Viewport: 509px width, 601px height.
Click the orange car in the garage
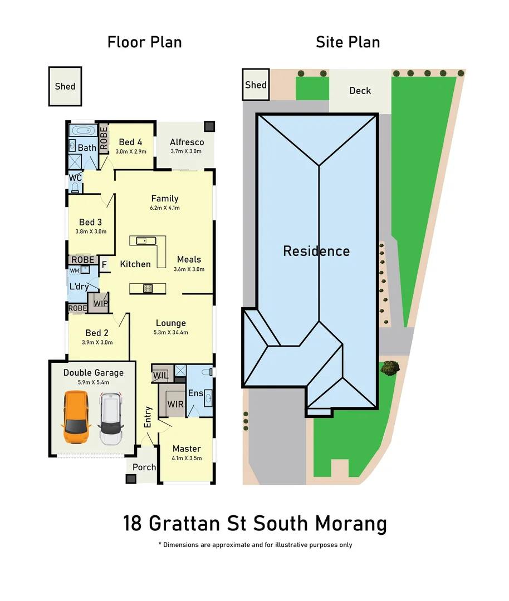coord(76,417)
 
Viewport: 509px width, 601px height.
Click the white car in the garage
coord(111,418)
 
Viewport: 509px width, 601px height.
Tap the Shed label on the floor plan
coord(65,86)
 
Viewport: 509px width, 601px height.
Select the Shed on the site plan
coord(256,85)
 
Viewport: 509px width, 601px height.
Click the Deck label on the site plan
coord(360,91)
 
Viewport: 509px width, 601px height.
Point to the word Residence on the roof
coord(316,251)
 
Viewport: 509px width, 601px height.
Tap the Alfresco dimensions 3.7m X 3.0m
coord(187,152)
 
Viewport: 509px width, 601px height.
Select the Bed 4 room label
coord(130,142)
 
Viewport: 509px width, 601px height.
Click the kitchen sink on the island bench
coord(143,240)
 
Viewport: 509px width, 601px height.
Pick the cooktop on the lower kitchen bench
coord(148,288)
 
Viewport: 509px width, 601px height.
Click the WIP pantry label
coord(101,303)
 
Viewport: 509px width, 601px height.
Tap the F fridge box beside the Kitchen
coord(104,265)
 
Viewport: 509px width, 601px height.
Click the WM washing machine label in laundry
coord(74,270)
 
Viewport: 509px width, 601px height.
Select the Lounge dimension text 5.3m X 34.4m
coord(171,333)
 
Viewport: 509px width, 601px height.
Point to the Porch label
coord(144,467)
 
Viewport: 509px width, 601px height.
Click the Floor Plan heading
coord(144,42)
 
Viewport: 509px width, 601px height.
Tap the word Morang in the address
coord(351,524)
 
